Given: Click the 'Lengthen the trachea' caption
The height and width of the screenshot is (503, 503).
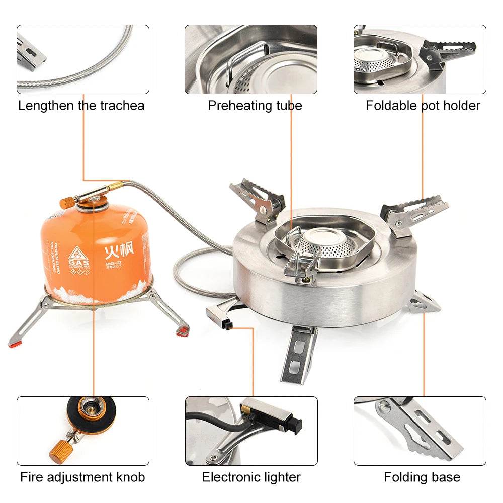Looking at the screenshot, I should [81, 106].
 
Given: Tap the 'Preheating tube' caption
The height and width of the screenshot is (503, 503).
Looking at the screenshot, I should [255, 106].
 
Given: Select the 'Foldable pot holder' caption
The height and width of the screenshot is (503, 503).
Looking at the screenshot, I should [423, 106].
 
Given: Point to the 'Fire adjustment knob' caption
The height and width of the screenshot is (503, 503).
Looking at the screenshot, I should [82, 477].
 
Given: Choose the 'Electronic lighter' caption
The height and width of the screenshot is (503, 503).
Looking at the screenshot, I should [251, 477].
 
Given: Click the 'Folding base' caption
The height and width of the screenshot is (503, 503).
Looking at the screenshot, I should [422, 477].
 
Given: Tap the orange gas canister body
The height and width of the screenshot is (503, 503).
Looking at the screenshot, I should [96, 251].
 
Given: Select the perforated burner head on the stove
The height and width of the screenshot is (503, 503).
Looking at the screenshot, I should [322, 244].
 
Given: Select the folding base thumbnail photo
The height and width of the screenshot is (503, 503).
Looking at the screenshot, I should [420, 431].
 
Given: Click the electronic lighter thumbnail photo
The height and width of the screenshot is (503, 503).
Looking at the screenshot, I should [251, 431].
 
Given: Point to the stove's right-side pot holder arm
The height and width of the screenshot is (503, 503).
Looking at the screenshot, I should [415, 211].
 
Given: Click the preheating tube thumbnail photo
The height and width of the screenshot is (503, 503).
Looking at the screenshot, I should [251, 59].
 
